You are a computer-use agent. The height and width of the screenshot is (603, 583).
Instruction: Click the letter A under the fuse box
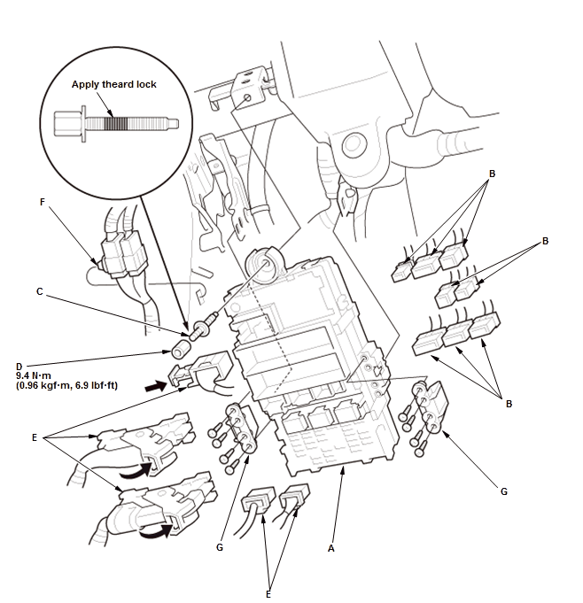(331, 549)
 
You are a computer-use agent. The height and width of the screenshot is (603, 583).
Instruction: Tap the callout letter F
(42, 202)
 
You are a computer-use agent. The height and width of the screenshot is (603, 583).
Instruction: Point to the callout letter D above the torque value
(19, 364)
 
